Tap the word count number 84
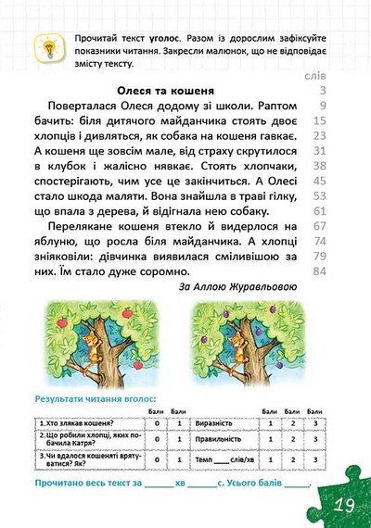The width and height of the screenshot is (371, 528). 322,271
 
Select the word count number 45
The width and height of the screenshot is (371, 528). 322,182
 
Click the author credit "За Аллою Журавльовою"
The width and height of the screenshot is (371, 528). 237,287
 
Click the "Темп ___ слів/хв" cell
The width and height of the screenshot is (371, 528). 223,459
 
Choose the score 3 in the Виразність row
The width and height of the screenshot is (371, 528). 315,423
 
